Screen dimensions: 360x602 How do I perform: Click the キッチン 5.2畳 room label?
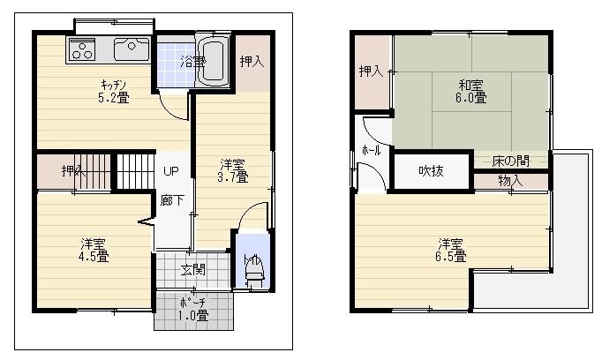(x=113, y=91)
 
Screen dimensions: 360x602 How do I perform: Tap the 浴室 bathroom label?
(x=192, y=62)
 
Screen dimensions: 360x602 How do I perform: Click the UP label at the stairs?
(x=170, y=171)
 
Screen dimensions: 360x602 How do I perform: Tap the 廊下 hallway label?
(x=172, y=200)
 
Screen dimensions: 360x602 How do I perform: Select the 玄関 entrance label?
(x=193, y=269)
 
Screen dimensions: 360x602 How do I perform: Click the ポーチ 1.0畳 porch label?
(x=193, y=310)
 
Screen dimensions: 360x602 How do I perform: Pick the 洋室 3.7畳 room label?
(x=233, y=170)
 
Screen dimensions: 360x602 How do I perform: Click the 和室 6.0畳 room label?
(x=470, y=91)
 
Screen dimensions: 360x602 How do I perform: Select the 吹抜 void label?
(x=431, y=170)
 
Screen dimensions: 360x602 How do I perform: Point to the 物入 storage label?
(x=510, y=181)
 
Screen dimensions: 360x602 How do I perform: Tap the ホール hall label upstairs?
(x=371, y=151)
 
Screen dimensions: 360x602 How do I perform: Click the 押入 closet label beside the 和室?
(x=371, y=71)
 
